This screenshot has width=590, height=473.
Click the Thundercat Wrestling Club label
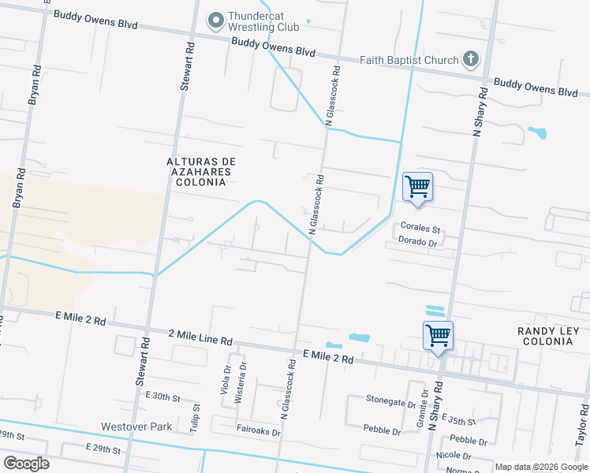263,21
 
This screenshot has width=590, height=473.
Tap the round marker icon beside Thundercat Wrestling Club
215,18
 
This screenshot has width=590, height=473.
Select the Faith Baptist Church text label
409,60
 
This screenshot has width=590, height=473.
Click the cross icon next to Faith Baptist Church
470,58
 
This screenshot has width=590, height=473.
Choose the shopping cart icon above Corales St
417,188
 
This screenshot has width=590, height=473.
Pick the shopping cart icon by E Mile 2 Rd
438,335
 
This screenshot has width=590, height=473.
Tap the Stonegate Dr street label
390,400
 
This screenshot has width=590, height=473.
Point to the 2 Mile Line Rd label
200,339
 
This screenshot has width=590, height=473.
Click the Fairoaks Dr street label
258,430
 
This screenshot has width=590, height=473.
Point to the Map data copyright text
541,467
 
